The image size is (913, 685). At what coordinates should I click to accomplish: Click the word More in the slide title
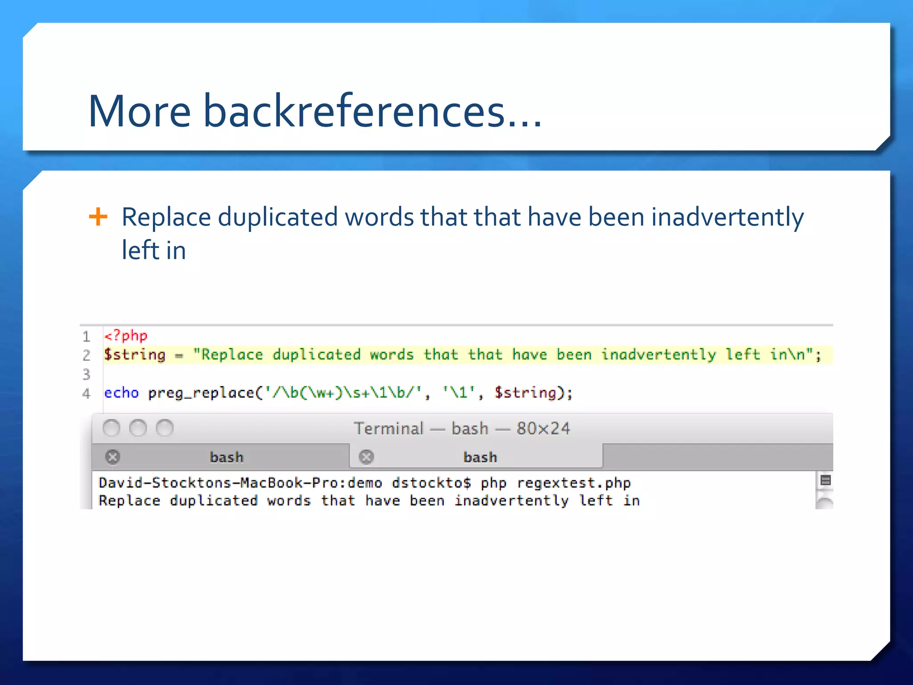(140, 111)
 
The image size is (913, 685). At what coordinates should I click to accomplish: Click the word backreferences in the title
(354, 111)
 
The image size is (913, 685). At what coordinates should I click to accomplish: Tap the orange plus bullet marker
(98, 217)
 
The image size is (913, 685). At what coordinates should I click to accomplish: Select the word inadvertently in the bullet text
(728, 218)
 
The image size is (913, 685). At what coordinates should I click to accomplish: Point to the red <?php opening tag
(125, 335)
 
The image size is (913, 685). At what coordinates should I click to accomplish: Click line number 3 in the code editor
(86, 374)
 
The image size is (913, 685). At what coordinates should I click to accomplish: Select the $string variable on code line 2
(135, 355)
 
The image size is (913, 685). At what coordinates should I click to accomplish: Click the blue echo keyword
(121, 393)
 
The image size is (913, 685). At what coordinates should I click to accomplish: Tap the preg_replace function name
(201, 393)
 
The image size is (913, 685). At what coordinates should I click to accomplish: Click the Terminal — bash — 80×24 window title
(462, 429)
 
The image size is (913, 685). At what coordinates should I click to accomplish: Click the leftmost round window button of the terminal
(111, 429)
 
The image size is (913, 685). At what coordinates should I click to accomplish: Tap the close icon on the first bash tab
(113, 457)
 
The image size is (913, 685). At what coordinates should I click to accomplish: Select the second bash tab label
(480, 457)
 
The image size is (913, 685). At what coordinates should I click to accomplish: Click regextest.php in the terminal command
(574, 483)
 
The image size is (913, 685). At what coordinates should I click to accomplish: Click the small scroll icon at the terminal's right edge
(826, 480)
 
